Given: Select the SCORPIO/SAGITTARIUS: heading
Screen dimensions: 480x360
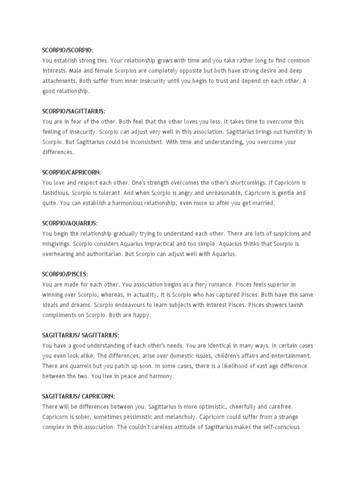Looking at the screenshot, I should point(74,111).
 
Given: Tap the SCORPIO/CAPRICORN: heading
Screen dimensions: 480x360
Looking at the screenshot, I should point(72,172).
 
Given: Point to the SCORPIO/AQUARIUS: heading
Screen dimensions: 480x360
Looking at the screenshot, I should point(70,224).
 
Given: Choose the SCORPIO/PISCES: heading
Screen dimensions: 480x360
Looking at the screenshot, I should point(65,274).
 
